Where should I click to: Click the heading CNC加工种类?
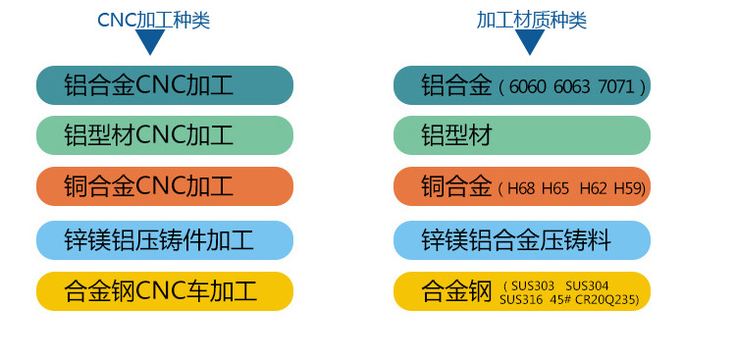pos(153,19)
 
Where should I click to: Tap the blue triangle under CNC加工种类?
pos(150,42)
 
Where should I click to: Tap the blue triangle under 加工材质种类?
pos(529,42)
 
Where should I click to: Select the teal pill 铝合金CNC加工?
pos(165,85)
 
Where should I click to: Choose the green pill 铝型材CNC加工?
pos(165,135)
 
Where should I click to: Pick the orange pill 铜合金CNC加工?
pos(165,186)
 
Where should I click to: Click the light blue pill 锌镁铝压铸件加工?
pos(165,239)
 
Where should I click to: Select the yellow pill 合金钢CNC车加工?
pos(165,290)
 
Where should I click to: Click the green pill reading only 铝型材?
pos(522,135)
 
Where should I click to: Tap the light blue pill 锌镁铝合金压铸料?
pos(522,239)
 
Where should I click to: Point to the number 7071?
pos(618,87)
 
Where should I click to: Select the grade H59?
pos(628,188)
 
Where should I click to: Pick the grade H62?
pos(593,188)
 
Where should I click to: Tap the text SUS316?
pos(520,298)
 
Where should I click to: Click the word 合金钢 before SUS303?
pos(455,291)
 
